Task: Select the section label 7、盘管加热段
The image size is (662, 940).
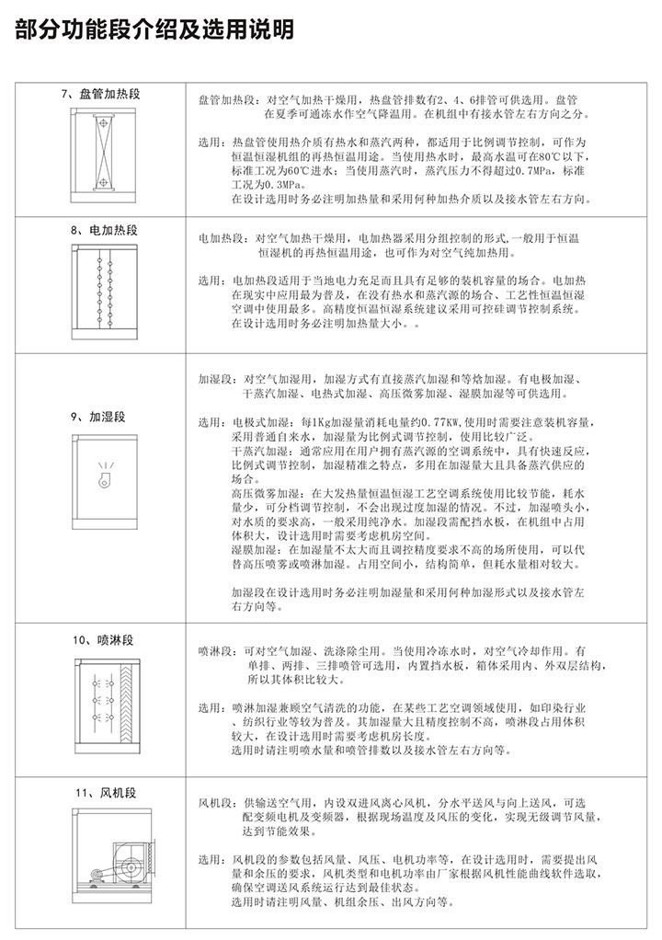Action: pyautogui.click(x=101, y=95)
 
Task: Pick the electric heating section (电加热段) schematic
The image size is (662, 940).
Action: pyautogui.click(x=103, y=294)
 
